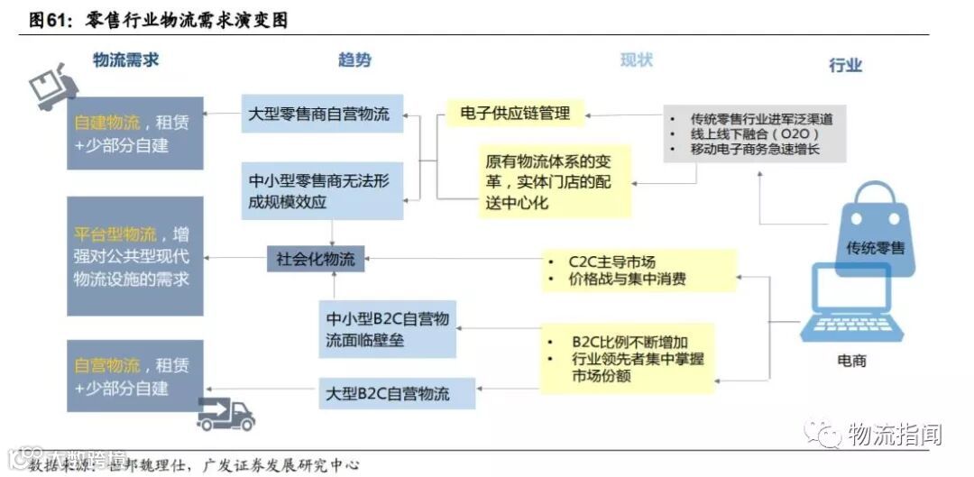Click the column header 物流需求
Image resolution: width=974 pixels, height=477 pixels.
click(125, 60)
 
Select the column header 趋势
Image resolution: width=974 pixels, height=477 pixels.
click(354, 60)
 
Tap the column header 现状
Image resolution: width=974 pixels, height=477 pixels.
click(636, 60)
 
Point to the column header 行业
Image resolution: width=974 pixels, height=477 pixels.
click(845, 65)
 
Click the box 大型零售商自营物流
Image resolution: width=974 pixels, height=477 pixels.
click(321, 115)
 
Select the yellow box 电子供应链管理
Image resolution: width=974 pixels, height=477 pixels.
click(515, 113)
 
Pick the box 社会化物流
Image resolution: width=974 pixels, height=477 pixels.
click(315, 260)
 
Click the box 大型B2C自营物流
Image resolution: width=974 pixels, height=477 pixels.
click(398, 394)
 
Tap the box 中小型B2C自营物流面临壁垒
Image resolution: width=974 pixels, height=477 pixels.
click(388, 329)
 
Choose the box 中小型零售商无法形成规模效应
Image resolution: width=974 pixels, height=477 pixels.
click(321, 191)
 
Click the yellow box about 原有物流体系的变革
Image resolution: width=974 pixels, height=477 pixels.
click(554, 183)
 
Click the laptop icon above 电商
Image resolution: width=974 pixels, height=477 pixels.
click(851, 303)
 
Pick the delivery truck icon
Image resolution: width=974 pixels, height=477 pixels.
click(225, 414)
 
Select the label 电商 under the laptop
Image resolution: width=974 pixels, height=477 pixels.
click(851, 361)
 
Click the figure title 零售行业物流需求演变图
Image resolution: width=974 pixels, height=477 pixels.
click(187, 19)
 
